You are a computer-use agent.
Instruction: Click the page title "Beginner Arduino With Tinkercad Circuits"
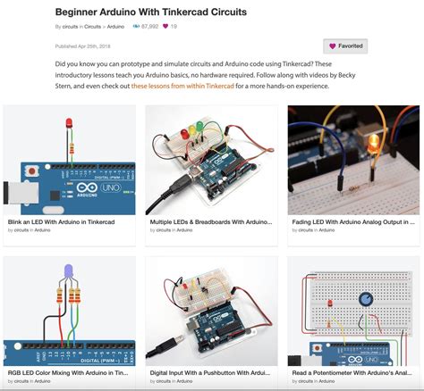(x=150, y=12)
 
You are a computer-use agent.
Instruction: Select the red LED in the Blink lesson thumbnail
(x=68, y=124)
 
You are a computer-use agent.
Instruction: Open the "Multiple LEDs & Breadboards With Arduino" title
(x=210, y=220)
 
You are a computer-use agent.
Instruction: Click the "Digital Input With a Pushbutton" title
(x=210, y=372)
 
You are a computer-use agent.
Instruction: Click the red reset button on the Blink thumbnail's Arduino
(x=33, y=170)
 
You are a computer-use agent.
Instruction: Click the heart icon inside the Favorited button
(x=333, y=46)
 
